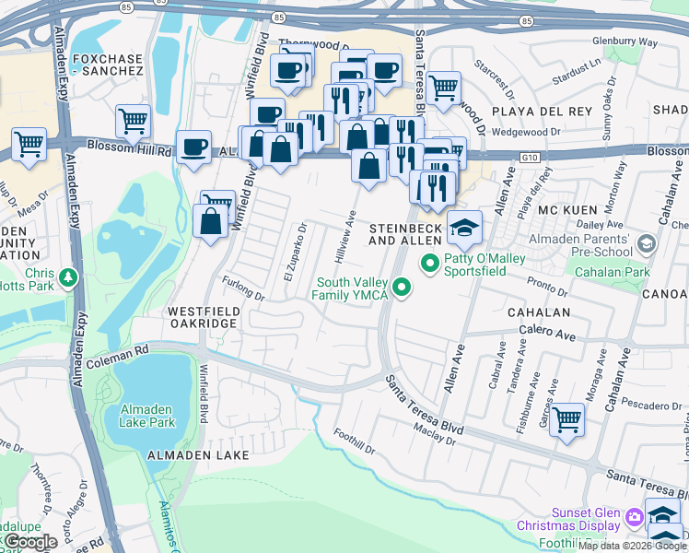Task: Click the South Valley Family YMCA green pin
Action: (401, 288)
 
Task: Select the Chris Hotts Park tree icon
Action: (67, 276)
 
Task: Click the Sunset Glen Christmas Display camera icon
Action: (634, 518)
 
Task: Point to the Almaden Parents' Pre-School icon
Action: (646, 243)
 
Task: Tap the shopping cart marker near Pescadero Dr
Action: (566, 418)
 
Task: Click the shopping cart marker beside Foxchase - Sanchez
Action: (134, 120)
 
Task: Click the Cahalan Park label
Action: (611, 272)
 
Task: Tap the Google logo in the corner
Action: (29, 541)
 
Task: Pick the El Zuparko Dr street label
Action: (294, 253)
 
